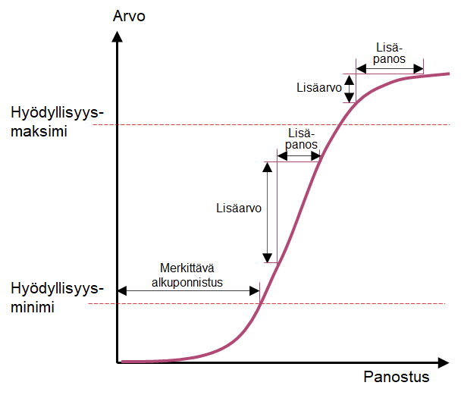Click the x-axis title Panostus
pos(396,377)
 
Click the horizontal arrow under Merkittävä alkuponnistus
pos(188,290)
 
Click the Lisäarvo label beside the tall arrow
pos(238,206)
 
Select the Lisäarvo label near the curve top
pos(318,87)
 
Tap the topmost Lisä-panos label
pos(390,53)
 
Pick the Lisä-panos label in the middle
pos(302,139)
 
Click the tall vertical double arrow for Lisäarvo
pos(267,212)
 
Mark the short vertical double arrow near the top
pos(349,88)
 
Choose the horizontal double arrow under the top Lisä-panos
pos(390,68)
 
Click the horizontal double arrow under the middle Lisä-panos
pos(299,156)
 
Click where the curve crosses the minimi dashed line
pos(260,304)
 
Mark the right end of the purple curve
pos(450,74)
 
